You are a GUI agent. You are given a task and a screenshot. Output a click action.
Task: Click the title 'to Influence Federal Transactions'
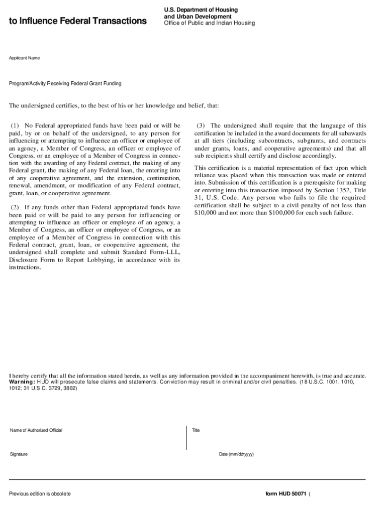(78, 21)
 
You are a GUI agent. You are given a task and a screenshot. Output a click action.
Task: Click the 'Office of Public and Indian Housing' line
(210, 23)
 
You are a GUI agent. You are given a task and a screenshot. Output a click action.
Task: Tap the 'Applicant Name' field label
(25, 58)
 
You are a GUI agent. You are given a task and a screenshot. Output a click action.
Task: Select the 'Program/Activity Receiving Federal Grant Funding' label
(65, 83)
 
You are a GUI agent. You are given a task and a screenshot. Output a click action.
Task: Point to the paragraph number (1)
(15, 125)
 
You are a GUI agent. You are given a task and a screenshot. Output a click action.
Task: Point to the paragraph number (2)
(15, 207)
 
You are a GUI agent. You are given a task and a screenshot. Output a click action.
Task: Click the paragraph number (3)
(201, 125)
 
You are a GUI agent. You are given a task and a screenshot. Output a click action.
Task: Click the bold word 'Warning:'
(22, 382)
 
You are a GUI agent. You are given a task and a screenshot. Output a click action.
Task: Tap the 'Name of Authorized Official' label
(36, 430)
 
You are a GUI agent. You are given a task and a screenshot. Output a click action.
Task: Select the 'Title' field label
(196, 430)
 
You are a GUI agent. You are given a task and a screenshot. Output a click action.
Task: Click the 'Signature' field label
(19, 454)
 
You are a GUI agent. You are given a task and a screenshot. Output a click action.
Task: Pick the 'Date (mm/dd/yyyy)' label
(236, 454)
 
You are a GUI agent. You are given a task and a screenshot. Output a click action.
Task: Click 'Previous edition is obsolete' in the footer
(40, 494)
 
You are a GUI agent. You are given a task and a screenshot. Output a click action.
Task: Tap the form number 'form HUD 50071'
(286, 494)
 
